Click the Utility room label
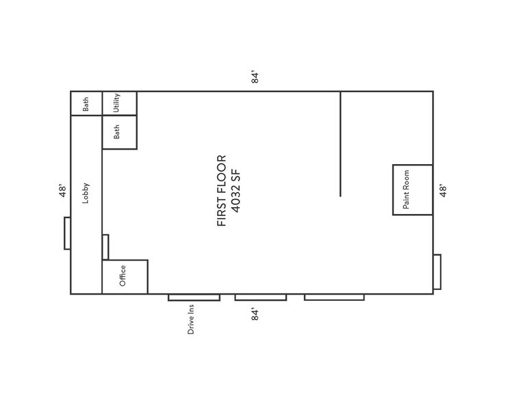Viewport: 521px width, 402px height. click(x=117, y=103)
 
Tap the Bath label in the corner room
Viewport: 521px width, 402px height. click(x=86, y=104)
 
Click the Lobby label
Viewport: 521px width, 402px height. click(x=86, y=193)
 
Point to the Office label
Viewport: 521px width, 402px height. click(x=123, y=276)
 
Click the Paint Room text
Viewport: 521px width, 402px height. click(x=406, y=189)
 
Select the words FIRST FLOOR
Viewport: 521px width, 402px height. click(x=221, y=191)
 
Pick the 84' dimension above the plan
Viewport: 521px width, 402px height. click(x=255, y=77)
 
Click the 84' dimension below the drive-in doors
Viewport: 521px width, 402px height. click(x=255, y=314)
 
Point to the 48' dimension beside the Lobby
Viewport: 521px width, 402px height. click(x=62, y=190)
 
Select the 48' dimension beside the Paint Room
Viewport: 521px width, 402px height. click(x=443, y=190)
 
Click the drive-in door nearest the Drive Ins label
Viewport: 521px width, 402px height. click(x=194, y=297)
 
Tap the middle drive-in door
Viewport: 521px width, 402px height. click(x=261, y=297)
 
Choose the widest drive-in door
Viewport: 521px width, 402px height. click(x=334, y=297)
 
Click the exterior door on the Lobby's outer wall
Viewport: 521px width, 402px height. click(x=67, y=233)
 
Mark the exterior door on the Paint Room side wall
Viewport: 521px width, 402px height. click(x=437, y=271)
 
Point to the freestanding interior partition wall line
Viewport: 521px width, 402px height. click(x=340, y=144)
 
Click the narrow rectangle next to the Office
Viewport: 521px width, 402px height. click(x=105, y=247)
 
